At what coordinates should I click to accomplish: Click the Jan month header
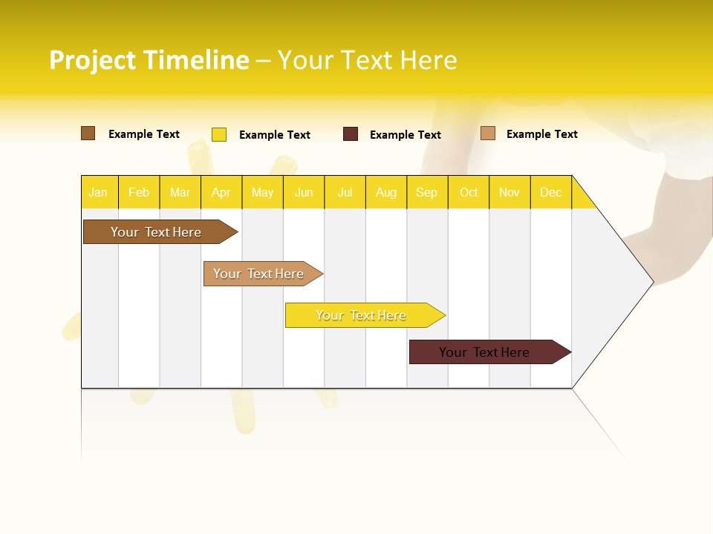99,192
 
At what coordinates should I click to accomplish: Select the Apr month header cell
221,192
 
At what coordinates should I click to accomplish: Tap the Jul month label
345,192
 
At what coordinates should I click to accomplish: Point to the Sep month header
426,192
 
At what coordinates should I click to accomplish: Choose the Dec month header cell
550,192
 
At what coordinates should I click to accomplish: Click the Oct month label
469,192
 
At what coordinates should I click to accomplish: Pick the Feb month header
139,192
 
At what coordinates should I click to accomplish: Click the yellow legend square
219,134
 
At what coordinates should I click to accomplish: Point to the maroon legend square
351,134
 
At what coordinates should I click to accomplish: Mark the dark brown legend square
88,133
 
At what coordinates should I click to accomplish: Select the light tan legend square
488,133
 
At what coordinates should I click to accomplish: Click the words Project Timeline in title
149,60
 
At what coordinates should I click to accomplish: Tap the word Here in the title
429,60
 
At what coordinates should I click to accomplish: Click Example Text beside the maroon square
406,135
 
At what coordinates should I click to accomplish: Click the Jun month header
304,192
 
